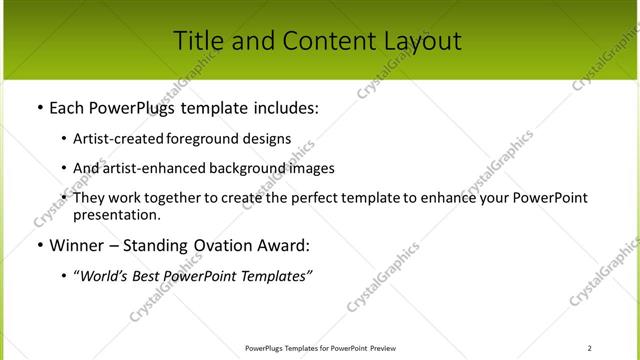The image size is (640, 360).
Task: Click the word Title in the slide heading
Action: point(198,41)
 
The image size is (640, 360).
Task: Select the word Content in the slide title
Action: point(317,41)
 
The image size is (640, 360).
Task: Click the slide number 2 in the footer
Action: point(589,348)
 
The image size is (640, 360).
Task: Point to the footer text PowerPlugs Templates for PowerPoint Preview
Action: point(320,348)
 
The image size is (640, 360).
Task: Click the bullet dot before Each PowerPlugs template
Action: point(39,107)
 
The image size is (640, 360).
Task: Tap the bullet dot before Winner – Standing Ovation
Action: point(39,245)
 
